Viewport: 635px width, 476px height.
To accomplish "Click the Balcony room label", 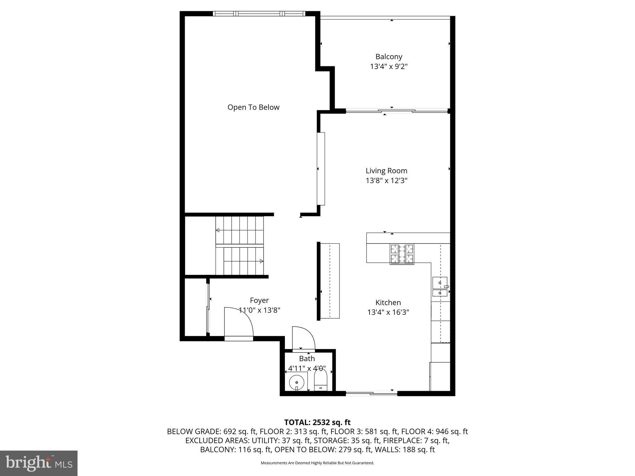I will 389,57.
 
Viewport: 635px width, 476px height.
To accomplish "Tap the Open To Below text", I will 253,107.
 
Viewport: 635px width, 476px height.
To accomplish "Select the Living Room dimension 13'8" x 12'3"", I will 386,180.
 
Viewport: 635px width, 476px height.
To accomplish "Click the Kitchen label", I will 388,302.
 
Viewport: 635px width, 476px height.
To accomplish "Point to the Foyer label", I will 259,300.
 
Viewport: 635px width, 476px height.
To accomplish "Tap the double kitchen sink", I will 440,287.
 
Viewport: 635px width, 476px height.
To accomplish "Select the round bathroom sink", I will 296,382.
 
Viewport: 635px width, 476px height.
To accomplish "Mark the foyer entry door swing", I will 238,322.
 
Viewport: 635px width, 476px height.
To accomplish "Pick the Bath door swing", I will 303,338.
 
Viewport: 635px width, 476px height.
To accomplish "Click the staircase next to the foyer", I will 239,246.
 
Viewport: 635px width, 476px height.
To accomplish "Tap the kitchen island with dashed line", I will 330,281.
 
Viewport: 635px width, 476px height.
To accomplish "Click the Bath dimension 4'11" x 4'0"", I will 307,368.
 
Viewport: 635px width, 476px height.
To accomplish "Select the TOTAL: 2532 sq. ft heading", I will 317,422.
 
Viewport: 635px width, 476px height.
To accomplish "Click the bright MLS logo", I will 39,463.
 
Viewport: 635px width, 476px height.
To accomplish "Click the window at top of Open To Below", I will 259,14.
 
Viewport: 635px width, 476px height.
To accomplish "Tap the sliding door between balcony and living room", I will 397,111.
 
